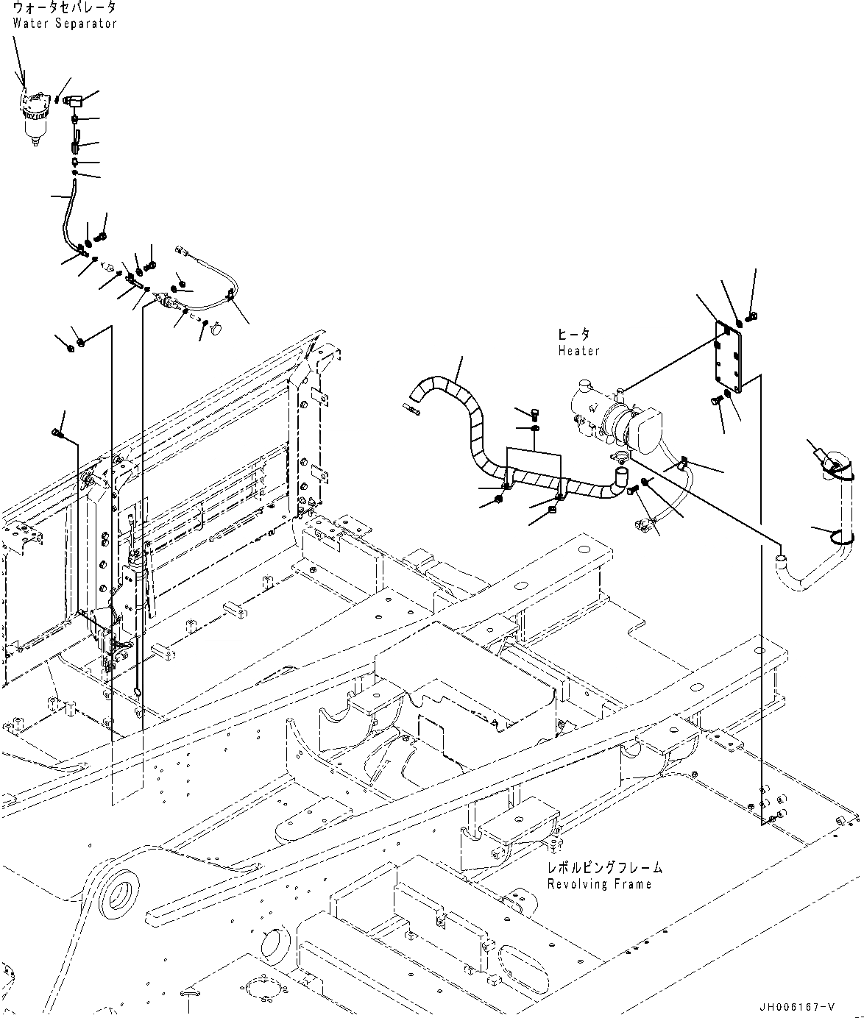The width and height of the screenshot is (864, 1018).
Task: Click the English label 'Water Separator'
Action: [65, 23]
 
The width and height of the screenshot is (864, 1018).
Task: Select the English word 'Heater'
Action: [578, 351]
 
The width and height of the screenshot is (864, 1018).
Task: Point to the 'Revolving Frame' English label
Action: [599, 883]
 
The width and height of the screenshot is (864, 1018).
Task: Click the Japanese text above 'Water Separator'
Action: [64, 8]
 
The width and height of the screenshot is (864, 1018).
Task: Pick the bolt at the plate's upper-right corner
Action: [751, 316]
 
